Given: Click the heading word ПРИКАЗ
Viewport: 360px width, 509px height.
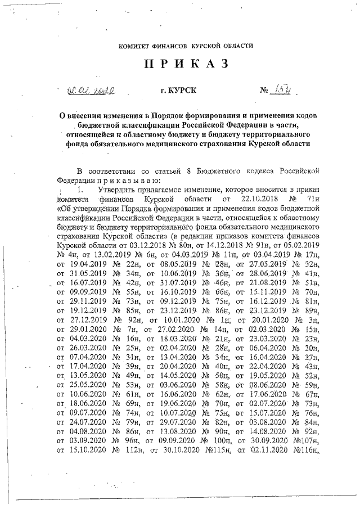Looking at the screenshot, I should tap(186, 64).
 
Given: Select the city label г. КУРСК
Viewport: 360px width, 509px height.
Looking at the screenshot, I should tap(179, 89).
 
